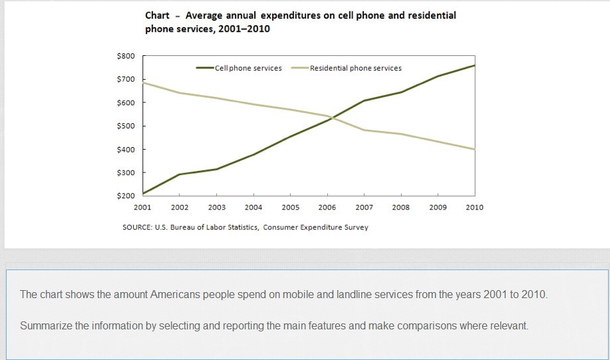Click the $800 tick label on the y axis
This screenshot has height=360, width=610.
pos(126,56)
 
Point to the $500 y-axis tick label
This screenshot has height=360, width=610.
pos(126,126)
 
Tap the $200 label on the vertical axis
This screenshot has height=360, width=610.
pos(126,196)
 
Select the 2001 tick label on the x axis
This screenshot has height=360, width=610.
pos(142,207)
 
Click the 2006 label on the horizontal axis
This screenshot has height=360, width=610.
pos(327,207)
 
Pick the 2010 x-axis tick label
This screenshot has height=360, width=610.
pos(474,207)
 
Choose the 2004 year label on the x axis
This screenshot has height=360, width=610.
pos(253,207)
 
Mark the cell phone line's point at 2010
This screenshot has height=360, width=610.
pos(474,65)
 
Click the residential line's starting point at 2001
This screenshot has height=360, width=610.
pos(143,83)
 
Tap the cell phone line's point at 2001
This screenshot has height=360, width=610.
pos(143,194)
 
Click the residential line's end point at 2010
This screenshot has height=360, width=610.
pos(474,150)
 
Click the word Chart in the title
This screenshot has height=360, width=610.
pos(157,15)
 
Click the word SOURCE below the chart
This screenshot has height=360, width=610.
pos(138,227)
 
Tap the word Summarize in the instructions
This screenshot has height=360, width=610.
pos(47,326)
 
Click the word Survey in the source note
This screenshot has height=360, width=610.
pos(355,227)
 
